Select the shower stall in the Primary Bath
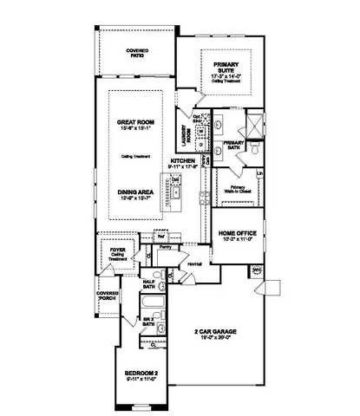255,122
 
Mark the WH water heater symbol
256,271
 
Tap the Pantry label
165,247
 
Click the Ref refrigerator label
160,235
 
